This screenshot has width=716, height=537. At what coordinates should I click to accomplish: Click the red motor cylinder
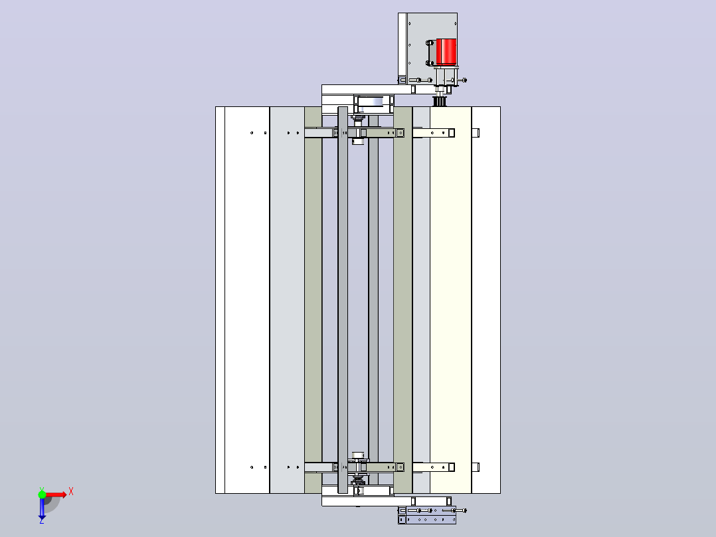click(446, 52)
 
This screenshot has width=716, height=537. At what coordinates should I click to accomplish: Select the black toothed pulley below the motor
click(439, 100)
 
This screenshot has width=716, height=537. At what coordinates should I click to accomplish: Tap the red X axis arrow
click(56, 494)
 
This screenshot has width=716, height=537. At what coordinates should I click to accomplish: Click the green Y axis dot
click(42, 494)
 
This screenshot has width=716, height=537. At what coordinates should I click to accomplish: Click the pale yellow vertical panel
click(450, 300)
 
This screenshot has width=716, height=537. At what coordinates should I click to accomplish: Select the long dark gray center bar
click(343, 300)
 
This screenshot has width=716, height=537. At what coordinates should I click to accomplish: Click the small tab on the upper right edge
click(476, 133)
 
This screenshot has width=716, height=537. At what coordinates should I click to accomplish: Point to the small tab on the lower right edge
click(476, 467)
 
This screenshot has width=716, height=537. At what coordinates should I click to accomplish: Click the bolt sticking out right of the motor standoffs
click(462, 80)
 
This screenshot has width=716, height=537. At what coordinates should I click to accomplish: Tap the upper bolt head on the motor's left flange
click(429, 43)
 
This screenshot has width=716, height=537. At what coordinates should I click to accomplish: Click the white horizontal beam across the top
click(367, 90)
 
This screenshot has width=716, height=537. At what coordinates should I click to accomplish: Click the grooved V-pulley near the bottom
click(359, 481)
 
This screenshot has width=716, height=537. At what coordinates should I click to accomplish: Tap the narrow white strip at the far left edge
click(220, 300)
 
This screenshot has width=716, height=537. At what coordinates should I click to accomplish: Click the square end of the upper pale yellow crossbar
click(451, 133)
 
